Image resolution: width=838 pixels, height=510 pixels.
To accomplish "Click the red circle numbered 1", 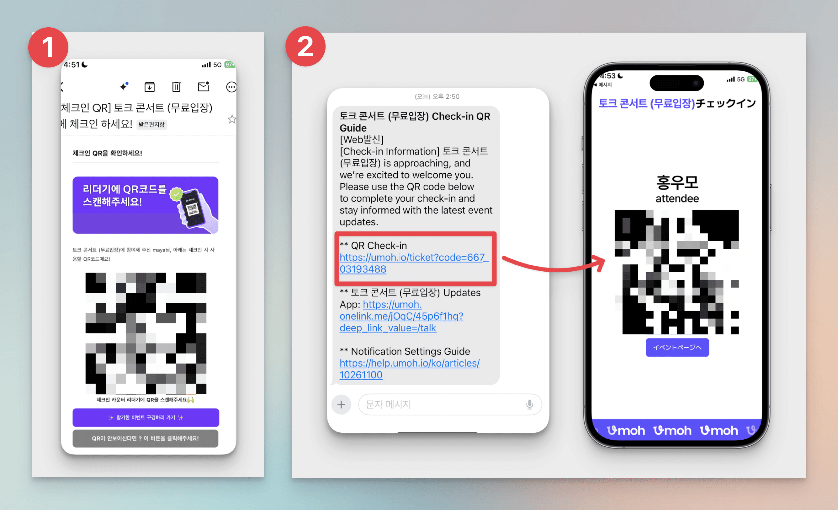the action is (48, 47).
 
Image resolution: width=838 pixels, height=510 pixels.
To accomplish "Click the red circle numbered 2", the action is (305, 46).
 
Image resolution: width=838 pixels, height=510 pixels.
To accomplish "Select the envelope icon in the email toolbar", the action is (203, 86).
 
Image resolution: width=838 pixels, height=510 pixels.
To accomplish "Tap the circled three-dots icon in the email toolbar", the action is (231, 87).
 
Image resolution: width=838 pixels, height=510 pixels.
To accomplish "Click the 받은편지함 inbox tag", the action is (151, 125).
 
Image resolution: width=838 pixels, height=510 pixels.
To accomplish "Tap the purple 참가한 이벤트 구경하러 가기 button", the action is (146, 417).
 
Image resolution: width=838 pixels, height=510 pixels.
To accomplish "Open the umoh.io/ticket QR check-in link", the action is (414, 263).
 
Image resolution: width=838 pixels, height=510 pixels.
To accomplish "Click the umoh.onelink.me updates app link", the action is (401, 316).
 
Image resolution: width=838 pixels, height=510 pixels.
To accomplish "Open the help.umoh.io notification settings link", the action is (410, 369).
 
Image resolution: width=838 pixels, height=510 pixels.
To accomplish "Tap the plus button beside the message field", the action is (341, 404).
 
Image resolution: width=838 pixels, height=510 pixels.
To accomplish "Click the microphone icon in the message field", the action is (529, 404).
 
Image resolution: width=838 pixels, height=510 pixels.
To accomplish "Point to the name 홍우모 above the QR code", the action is (677, 182).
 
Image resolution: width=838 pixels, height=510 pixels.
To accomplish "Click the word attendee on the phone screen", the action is (677, 198).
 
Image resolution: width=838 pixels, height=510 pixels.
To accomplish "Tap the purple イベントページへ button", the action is (677, 347).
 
